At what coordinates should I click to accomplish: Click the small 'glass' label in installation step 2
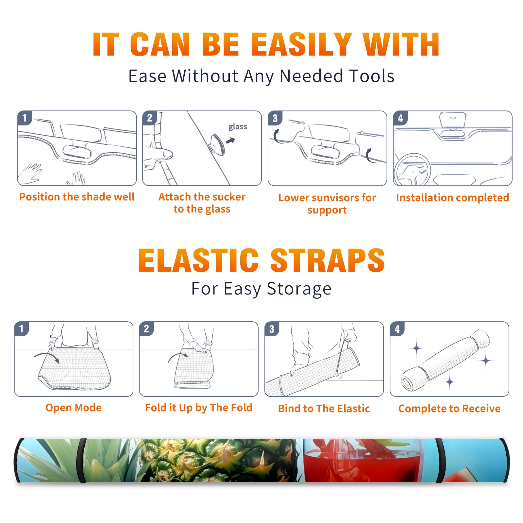[x=238, y=127]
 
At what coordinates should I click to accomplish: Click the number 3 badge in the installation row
[x=275, y=118]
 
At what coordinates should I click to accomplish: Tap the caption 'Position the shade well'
[x=77, y=197]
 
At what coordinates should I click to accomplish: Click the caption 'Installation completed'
[x=452, y=197]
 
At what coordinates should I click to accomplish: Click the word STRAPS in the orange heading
[x=328, y=260]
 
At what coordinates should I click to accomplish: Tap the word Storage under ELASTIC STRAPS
[x=299, y=289]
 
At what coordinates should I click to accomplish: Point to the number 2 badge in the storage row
[x=146, y=329]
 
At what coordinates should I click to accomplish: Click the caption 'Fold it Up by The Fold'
[x=199, y=408]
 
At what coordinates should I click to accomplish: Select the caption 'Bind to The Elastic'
[x=324, y=409]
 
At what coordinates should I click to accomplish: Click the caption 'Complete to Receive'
[x=449, y=409]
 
